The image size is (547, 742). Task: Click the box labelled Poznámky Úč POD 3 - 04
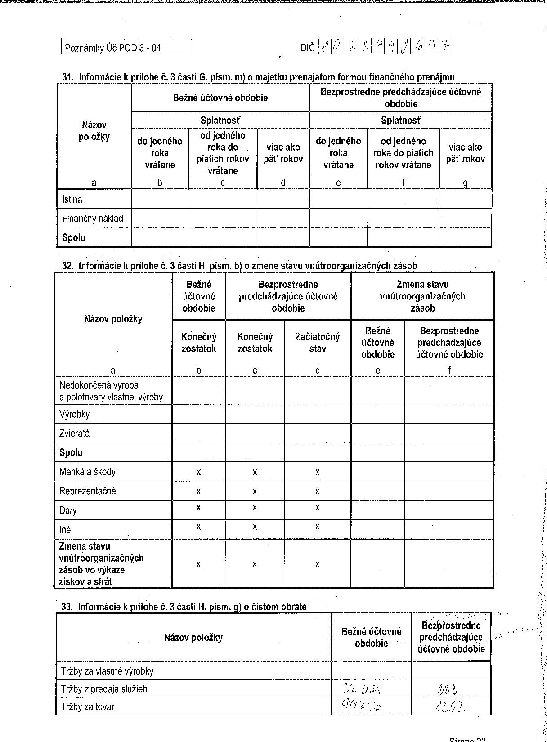tap(126, 47)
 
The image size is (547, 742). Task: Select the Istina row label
tap(72, 199)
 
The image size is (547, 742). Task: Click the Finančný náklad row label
tap(93, 219)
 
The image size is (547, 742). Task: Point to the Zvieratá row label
tap(74, 434)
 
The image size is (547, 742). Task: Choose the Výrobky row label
tap(74, 414)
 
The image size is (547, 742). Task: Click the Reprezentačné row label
tap(88, 491)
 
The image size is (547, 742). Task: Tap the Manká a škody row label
tap(87, 472)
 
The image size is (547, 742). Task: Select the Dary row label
tap(68, 510)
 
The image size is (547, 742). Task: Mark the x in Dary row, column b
tap(198, 507)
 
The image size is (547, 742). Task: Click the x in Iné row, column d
tap(318, 527)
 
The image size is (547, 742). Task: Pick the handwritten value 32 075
tap(364, 688)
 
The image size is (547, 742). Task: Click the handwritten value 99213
tap(362, 706)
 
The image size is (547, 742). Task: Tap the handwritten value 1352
tap(450, 707)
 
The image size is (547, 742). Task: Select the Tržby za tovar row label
tap(88, 706)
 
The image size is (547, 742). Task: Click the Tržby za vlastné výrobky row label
tap(108, 671)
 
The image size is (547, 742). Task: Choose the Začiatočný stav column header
tap(318, 343)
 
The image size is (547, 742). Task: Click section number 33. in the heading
tap(67, 607)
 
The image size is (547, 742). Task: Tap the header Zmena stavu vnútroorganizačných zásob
tap(422, 296)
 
